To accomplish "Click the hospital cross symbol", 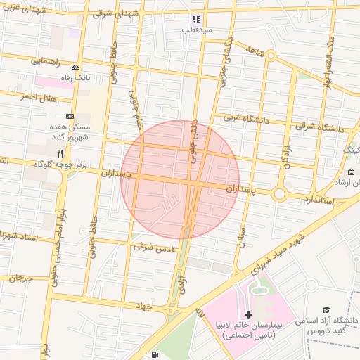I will [x=248, y=314].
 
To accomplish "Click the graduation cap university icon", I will [x=326, y=309].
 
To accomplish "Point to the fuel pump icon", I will [x=154, y=354].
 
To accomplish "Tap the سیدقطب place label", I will [x=197, y=30].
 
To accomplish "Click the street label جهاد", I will [x=146, y=306].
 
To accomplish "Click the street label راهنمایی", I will [x=47, y=61].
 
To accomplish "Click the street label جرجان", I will [x=21, y=278].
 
